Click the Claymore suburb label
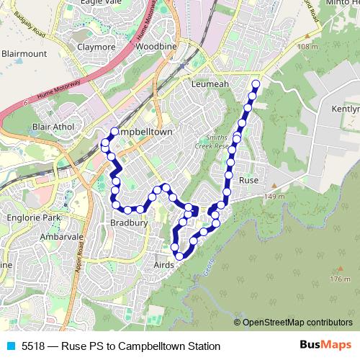pyautogui.click(x=96, y=48)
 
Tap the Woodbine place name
pyautogui.click(x=151, y=48)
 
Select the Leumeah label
pyautogui.click(x=210, y=84)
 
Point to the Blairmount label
pyautogui.click(x=23, y=53)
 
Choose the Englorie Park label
pyautogui.click(x=30, y=217)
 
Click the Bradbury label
pyautogui.click(x=129, y=224)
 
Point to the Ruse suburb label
pyautogui.click(x=248, y=179)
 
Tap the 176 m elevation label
pyautogui.click(x=339, y=279)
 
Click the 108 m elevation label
pyautogui.click(x=306, y=47)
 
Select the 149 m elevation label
pyautogui.click(x=274, y=197)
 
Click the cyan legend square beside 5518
pyautogui.click(x=10, y=346)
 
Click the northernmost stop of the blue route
pyautogui.click(x=255, y=84)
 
